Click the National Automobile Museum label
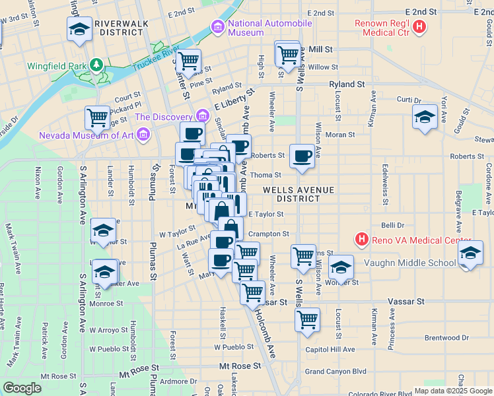click(x=269, y=28)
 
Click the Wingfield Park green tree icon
click(x=96, y=65)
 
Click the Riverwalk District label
click(x=121, y=28)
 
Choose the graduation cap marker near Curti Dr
click(x=425, y=118)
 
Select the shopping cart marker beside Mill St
click(x=287, y=55)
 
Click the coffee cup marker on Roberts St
click(x=302, y=157)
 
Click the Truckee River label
click(x=156, y=58)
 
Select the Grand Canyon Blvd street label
click(x=335, y=372)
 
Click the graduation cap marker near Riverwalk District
click(x=79, y=30)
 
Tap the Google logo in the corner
click(x=22, y=388)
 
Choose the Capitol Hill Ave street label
click(x=330, y=350)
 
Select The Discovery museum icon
click(x=201, y=117)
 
